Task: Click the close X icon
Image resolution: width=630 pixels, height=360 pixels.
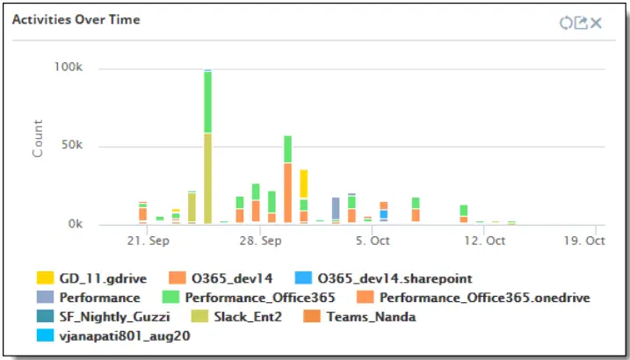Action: coord(597,22)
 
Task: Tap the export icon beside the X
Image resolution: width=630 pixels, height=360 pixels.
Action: coord(581,22)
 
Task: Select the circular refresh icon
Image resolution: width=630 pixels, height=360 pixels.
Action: coord(566,22)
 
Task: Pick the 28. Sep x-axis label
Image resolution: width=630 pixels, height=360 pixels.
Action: coord(259,240)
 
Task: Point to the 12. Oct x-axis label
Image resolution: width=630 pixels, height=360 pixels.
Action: coord(484,240)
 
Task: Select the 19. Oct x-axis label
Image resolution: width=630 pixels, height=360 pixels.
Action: coord(584,240)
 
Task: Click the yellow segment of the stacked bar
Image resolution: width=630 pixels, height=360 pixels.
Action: coord(303,184)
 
